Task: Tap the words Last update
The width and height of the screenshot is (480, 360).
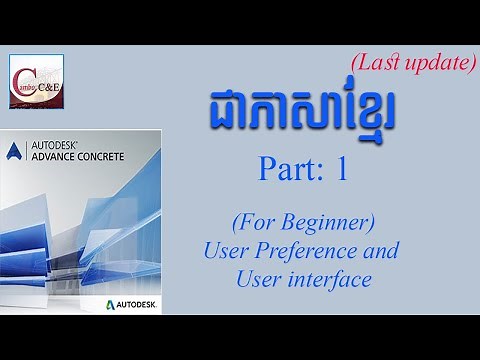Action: coord(411,63)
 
